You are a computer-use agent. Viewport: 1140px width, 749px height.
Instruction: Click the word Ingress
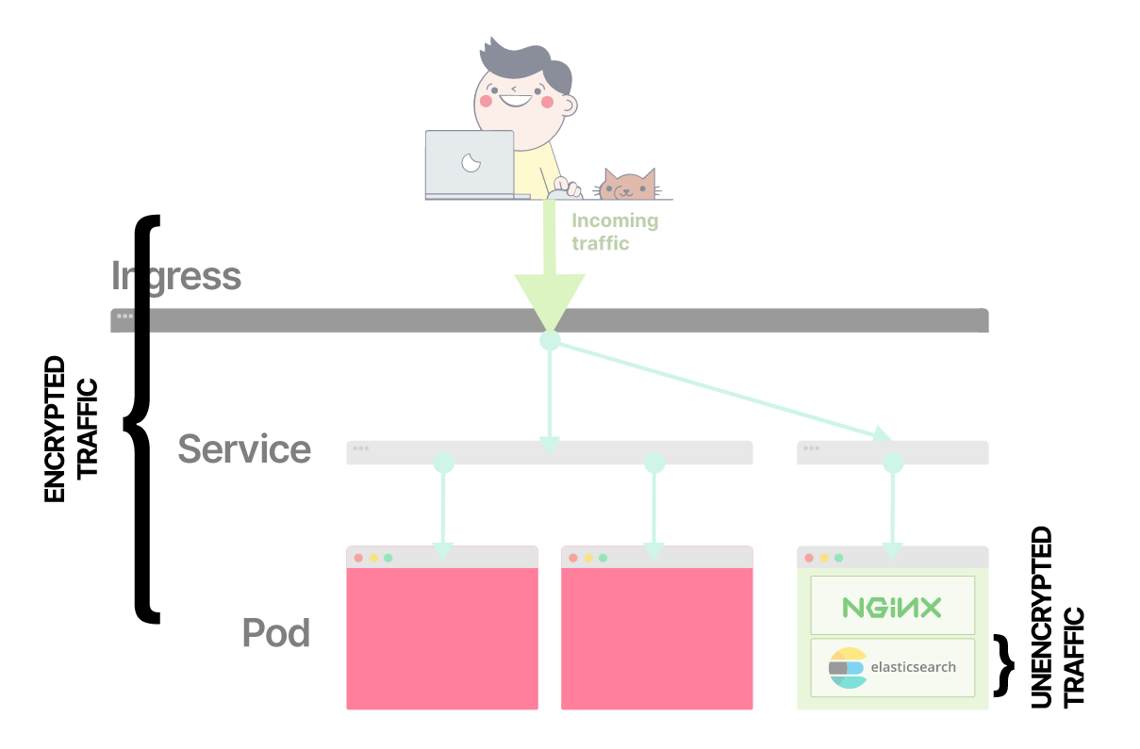(176, 276)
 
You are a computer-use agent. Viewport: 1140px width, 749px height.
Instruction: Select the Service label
(244, 449)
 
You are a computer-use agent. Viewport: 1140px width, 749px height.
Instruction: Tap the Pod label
(276, 632)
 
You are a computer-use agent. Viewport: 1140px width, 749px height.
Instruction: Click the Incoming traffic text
(615, 232)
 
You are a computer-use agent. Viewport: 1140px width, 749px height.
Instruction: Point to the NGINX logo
(892, 607)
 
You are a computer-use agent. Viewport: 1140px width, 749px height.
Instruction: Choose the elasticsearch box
(892, 667)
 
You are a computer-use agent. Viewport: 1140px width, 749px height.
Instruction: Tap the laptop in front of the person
(469, 164)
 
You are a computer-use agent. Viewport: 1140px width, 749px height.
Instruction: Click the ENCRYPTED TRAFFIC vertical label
(72, 429)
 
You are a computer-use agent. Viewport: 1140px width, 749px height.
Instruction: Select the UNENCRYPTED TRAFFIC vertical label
(1056, 617)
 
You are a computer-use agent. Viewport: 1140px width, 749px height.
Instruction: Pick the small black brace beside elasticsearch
(1006, 665)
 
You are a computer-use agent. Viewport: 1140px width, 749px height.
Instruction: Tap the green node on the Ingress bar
(550, 340)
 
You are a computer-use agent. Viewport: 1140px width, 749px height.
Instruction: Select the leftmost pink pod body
(442, 638)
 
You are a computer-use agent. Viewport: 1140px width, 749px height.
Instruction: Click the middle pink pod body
(656, 638)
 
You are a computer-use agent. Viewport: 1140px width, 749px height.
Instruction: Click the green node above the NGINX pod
(893, 463)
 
